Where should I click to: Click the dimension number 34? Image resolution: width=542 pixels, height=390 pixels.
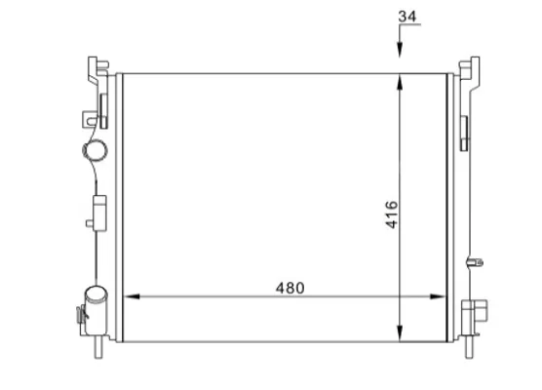[x=407, y=17]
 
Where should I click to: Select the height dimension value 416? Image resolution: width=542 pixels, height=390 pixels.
[x=392, y=214]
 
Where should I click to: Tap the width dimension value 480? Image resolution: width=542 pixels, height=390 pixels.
[x=290, y=288]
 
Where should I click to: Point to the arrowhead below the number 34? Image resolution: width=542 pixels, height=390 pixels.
[x=400, y=49]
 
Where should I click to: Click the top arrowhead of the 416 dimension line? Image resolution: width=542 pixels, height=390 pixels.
[x=400, y=83]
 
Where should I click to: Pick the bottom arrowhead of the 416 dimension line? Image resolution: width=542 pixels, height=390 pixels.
[x=400, y=333]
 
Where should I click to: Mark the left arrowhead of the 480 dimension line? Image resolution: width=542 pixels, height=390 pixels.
[x=132, y=296]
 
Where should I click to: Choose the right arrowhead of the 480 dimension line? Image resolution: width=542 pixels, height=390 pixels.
[x=438, y=296]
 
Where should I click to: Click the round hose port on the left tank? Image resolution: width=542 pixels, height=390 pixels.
[x=95, y=150]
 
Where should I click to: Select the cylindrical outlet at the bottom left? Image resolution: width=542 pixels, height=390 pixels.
[x=97, y=310]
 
